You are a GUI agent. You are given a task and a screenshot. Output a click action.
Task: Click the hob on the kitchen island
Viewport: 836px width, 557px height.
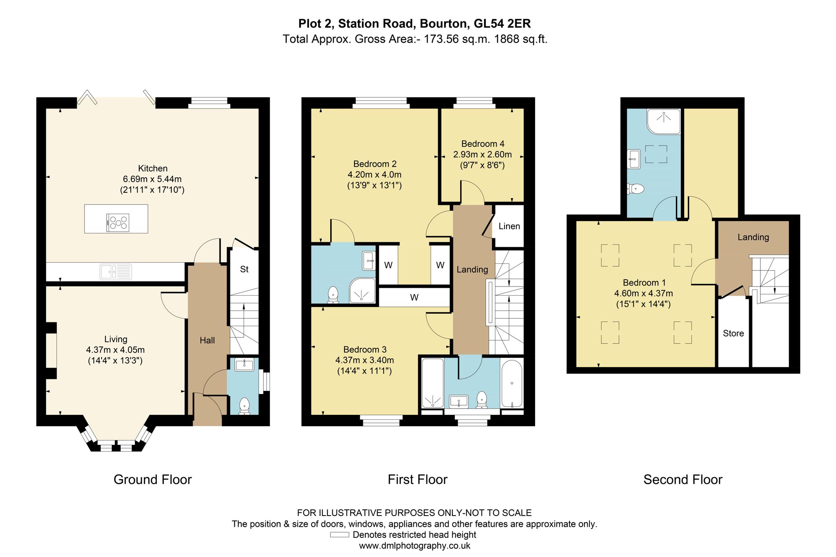[x=118, y=222]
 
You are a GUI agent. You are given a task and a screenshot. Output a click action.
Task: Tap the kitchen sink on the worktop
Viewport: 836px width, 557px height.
[x=116, y=272]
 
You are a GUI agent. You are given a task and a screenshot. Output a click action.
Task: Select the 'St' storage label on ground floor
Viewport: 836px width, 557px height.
[x=244, y=269]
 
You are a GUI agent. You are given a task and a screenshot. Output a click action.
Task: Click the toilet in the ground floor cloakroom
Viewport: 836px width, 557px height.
[x=244, y=406]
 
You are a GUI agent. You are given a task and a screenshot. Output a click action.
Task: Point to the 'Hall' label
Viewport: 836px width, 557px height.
[x=207, y=340]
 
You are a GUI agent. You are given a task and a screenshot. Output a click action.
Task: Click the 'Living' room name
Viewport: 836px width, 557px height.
[x=116, y=339]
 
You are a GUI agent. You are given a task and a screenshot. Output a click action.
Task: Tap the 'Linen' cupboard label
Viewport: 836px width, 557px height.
[x=509, y=226]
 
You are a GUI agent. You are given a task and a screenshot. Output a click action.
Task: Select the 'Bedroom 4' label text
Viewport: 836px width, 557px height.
[x=483, y=144]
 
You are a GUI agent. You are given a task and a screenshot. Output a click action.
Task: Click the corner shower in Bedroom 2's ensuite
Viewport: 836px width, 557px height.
[x=362, y=290]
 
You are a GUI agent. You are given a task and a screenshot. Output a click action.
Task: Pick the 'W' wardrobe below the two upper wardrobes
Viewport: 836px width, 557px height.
[x=414, y=297]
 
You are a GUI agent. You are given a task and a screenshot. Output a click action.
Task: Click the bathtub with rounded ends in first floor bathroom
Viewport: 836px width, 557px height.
[x=512, y=383]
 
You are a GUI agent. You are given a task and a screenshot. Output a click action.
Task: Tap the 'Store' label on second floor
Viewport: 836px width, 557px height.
[x=734, y=333]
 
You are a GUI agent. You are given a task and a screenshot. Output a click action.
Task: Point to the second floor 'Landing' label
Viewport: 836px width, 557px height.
[x=753, y=237]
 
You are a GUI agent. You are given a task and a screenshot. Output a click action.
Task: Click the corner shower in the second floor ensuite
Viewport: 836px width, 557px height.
[x=664, y=122]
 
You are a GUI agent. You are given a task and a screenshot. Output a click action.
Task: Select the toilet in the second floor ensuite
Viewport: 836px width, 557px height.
[x=635, y=189]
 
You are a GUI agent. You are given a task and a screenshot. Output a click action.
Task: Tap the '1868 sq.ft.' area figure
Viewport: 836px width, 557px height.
[x=521, y=39]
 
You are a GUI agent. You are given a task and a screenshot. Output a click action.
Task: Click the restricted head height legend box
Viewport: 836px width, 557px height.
[x=339, y=534]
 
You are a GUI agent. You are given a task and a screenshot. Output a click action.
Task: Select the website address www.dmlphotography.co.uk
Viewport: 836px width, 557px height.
[x=415, y=546]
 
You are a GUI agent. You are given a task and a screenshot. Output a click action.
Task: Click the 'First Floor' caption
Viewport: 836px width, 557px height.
[x=418, y=479]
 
